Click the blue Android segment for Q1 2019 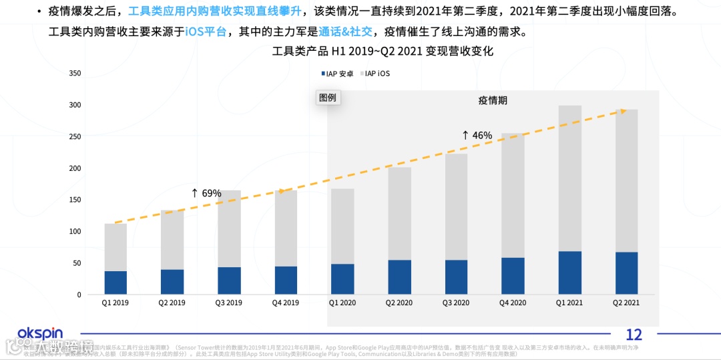(x=115, y=283)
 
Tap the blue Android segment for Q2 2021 (x=627, y=273)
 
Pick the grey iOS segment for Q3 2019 (x=229, y=228)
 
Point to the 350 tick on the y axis (x=75, y=73)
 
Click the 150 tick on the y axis (x=75, y=200)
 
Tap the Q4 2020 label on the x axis (x=513, y=303)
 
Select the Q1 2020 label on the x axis (x=342, y=303)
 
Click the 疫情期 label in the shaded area (x=493, y=100)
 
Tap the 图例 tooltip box (x=328, y=98)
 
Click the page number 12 (x=634, y=335)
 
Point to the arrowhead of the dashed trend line (x=622, y=111)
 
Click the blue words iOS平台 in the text (x=206, y=31)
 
